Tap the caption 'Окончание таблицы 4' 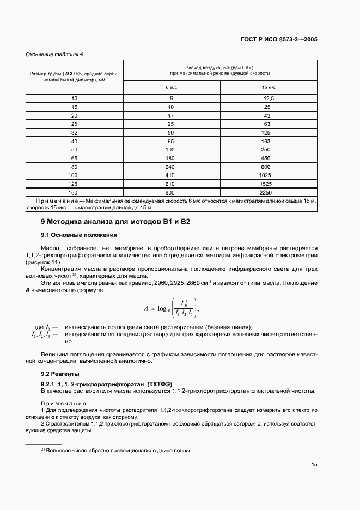coord(54,54)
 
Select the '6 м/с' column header coord(172,87)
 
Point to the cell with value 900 coord(172,192)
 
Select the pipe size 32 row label coord(75,132)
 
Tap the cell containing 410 coord(172,175)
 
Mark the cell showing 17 coord(172,116)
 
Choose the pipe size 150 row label coord(75,192)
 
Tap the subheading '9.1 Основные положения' coord(79,235)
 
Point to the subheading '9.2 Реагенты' coord(60,374)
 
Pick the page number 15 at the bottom coord(314,465)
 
